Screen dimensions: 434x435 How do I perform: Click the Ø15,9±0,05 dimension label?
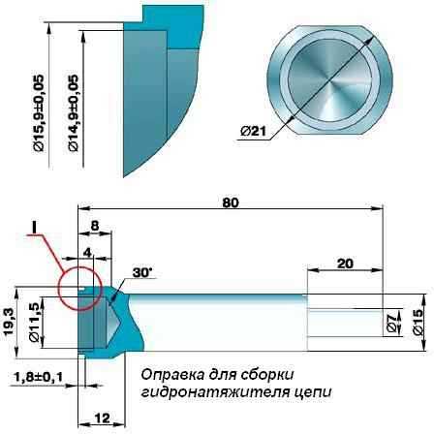coord(38,113)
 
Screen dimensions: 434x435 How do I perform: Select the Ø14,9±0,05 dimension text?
coord(74,113)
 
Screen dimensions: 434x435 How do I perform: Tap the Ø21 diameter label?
coord(253,131)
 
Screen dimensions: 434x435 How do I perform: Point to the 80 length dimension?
coord(231,202)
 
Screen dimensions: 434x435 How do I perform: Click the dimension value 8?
coord(95,226)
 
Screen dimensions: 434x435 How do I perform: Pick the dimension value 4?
coord(87,253)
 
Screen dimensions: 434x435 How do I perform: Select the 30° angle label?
coord(142,273)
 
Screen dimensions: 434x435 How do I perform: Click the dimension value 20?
coord(345,264)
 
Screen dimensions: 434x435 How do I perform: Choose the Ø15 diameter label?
coord(417,322)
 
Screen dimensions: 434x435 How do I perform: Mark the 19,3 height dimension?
coord(9,322)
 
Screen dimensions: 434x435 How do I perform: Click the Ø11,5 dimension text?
coord(34,323)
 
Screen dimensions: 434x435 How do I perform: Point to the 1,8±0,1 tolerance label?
coord(39,377)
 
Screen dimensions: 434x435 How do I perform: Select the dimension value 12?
coord(103,419)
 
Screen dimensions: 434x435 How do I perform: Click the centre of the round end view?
coord(329,80)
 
